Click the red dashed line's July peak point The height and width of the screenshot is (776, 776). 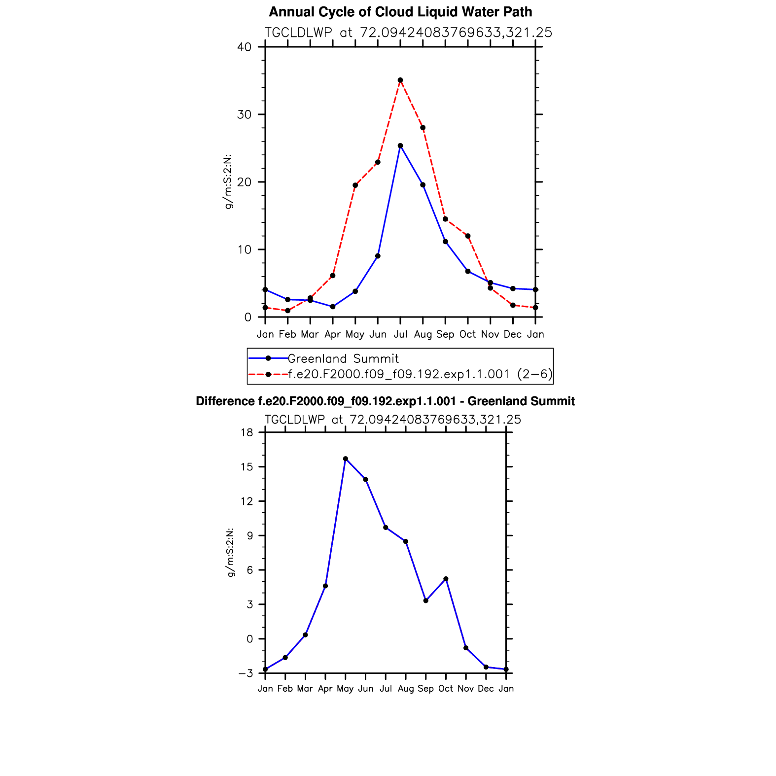pos(400,80)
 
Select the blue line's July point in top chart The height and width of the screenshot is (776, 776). pos(400,145)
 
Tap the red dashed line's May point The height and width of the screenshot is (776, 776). pos(355,185)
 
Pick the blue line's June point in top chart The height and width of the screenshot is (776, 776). pos(378,256)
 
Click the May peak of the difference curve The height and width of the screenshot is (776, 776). pos(346,459)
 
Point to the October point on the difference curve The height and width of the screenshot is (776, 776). pos(446,579)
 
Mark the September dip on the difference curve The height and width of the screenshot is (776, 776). pos(426,600)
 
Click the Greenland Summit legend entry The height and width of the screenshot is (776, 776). pos(343,358)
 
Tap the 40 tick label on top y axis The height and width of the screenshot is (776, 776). pos(244,47)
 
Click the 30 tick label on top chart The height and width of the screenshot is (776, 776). pos(244,114)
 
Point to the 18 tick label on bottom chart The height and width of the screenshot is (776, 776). pos(247,432)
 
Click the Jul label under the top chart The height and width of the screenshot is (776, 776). pos(400,334)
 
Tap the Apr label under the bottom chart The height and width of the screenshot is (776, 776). pos(325,688)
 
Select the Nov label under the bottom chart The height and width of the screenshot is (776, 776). pos(466,688)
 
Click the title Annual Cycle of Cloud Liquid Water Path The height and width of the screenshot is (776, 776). pos(400,12)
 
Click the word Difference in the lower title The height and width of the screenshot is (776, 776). pos(225,401)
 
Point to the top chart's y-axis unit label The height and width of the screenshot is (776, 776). pos(228,182)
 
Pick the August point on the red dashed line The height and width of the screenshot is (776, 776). pos(423,128)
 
